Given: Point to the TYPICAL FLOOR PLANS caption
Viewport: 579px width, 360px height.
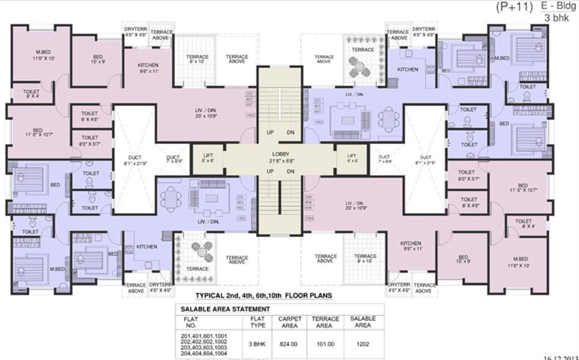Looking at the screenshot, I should (263, 296).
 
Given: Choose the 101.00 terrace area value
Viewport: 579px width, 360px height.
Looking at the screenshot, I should (323, 344).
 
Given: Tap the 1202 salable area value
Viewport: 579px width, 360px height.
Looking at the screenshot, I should (362, 344).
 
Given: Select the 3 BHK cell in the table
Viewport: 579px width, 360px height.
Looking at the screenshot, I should (257, 344).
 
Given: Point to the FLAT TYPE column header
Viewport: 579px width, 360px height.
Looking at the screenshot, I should (257, 322).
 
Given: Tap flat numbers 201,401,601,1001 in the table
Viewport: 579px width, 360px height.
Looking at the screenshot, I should (203, 335).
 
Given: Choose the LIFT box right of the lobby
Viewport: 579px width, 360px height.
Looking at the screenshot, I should (352, 157).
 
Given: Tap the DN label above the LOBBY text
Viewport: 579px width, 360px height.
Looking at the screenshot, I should (291, 133).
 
